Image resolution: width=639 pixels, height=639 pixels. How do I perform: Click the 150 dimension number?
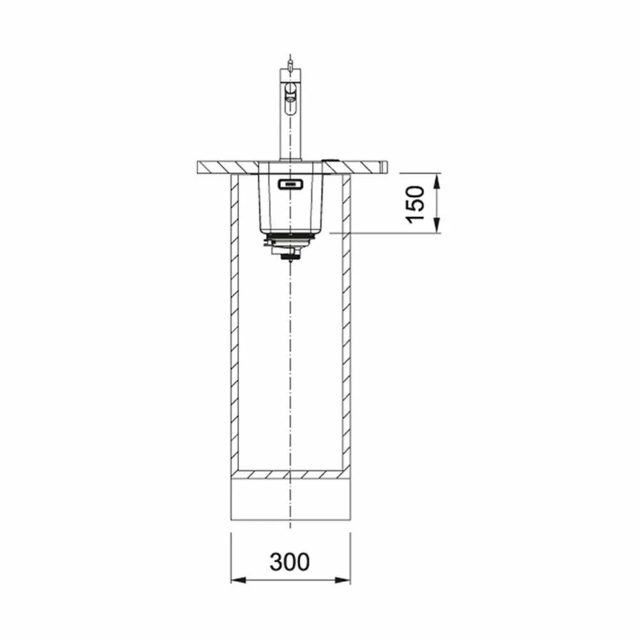click(x=415, y=204)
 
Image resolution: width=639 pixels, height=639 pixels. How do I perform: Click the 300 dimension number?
click(x=289, y=561)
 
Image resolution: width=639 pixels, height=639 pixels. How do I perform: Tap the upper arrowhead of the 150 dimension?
click(x=436, y=181)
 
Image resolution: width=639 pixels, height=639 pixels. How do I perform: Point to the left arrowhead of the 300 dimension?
click(x=239, y=580)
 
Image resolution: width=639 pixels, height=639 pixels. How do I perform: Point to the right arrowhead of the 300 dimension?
click(x=343, y=580)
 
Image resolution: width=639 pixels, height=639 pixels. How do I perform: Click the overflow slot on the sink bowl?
click(x=290, y=185)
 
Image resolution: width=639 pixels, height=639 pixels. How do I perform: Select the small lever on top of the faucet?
click(x=289, y=65)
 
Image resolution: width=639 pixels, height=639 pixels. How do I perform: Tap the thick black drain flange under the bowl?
click(x=290, y=236)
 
